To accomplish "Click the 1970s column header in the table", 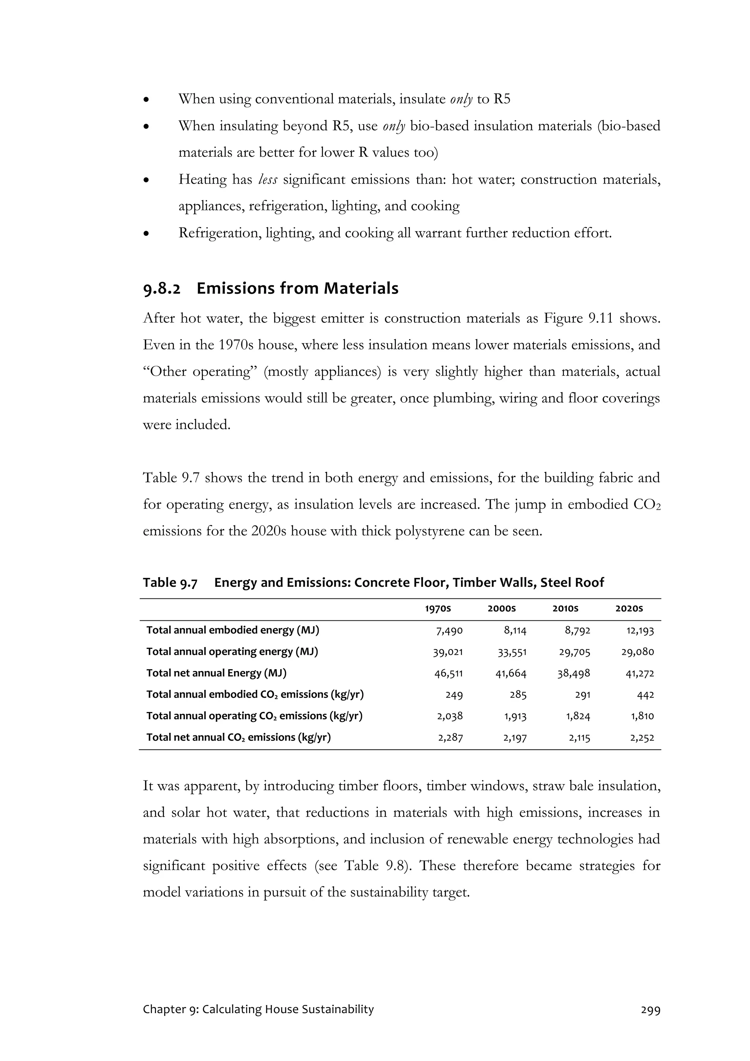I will tap(438, 609).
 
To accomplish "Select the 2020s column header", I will tap(629, 609).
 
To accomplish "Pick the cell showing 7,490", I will tap(449, 631).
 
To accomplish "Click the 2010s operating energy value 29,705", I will tap(574, 652).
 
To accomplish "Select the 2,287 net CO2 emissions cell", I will tap(450, 738).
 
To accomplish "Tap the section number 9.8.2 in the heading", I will tap(162, 289).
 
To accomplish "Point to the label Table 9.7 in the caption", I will tap(170, 583).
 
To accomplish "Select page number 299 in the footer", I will tap(650, 1010).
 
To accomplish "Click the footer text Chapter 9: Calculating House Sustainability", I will tap(258, 1009).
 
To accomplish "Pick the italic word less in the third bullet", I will tap(268, 179).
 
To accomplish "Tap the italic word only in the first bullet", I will tap(461, 99).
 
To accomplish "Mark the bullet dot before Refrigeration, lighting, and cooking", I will tap(146, 234).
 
